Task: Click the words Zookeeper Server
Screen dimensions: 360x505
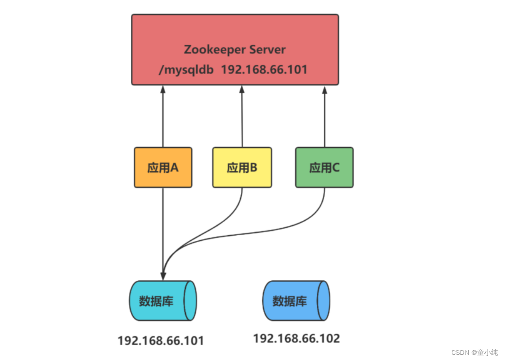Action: tap(235, 49)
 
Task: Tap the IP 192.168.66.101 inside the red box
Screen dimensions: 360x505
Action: tap(264, 70)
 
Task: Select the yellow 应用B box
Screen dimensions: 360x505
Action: tap(242, 168)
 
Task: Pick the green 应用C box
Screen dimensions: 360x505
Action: tap(324, 168)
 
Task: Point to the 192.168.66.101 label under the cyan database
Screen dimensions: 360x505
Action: tap(161, 340)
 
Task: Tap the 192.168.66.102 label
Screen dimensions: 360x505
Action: tap(296, 338)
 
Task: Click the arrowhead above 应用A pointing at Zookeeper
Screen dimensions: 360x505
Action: tap(163, 89)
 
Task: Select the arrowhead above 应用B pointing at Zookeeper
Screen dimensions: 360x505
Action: tap(241, 89)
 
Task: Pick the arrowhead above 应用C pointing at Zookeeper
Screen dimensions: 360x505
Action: tap(325, 89)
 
